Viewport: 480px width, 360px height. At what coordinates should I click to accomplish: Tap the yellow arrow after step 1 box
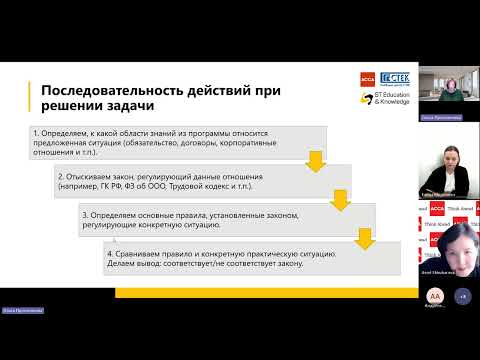[314, 159]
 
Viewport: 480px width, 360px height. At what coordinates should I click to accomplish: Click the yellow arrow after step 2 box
[339, 198]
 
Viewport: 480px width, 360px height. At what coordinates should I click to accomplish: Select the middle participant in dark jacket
[445, 166]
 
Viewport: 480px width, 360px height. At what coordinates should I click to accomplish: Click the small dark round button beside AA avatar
[462, 296]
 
